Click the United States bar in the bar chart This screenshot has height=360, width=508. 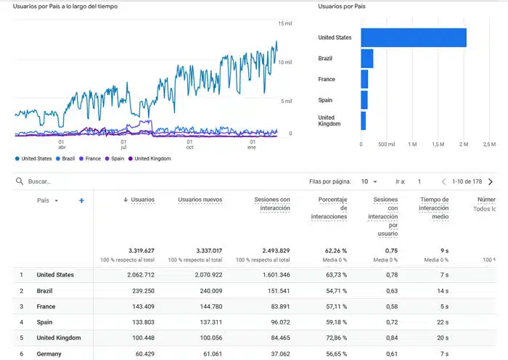pyautogui.click(x=414, y=38)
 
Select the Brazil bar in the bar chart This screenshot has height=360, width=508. pyautogui.click(x=367, y=58)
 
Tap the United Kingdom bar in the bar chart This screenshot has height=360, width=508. pyautogui.click(x=364, y=121)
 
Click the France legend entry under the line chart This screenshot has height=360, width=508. pyautogui.click(x=90, y=158)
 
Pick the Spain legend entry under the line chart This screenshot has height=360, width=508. pyautogui.click(x=115, y=158)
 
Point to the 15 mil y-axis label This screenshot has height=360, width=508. pyautogui.click(x=285, y=23)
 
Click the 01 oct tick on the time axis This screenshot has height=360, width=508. pyautogui.click(x=189, y=144)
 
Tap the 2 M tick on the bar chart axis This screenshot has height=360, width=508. pyautogui.click(x=464, y=144)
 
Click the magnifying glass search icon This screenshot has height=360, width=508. pyautogui.click(x=20, y=181)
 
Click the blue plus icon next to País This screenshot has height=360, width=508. pyautogui.click(x=81, y=200)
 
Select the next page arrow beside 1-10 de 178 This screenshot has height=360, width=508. pyautogui.click(x=491, y=181)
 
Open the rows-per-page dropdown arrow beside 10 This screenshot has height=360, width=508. pyautogui.click(x=375, y=181)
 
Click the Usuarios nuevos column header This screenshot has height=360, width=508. pyautogui.click(x=200, y=200)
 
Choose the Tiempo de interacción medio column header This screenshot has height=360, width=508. pyautogui.click(x=434, y=208)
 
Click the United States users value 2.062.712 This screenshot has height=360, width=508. pyautogui.click(x=141, y=275)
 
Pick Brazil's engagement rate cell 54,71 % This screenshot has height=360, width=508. pyautogui.click(x=336, y=291)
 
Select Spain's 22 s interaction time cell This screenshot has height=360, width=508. pyautogui.click(x=443, y=322)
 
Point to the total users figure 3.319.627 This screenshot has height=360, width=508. pyautogui.click(x=142, y=250)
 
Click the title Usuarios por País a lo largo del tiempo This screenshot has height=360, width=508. pyautogui.click(x=65, y=7)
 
